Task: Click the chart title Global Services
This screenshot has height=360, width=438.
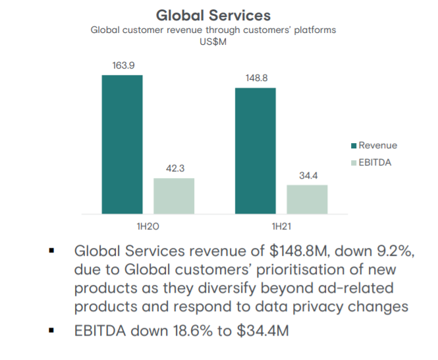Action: coord(213,14)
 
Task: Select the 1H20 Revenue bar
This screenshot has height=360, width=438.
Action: coord(122,144)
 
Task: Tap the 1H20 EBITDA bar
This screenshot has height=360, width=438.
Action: coord(174,196)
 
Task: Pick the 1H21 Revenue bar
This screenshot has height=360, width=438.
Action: coord(255,151)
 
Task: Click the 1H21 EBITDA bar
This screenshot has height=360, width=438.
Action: coord(307,199)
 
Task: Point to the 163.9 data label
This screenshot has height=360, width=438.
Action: coord(122,66)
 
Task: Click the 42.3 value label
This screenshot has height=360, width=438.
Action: coord(174,169)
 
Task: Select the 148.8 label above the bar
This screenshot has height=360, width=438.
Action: coord(255,78)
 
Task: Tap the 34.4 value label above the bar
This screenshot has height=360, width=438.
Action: coord(307,175)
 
